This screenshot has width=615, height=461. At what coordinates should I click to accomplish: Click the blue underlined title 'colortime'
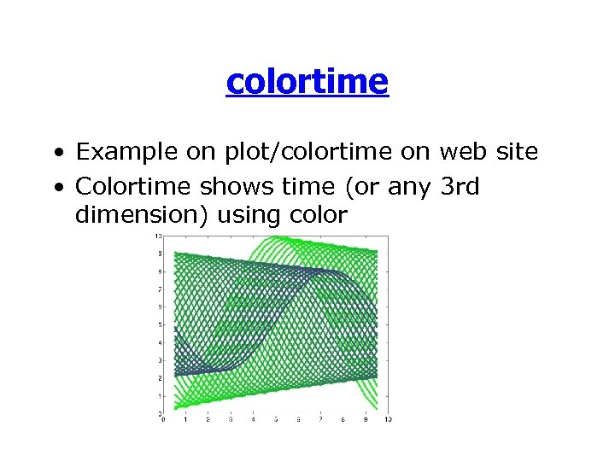[307, 82]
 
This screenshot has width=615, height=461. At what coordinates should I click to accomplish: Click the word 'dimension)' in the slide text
[143, 216]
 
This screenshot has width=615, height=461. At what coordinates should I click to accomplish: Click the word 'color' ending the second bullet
[319, 216]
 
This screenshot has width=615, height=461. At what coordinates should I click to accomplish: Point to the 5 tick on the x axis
[275, 419]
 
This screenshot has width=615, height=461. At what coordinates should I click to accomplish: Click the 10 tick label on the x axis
[388, 419]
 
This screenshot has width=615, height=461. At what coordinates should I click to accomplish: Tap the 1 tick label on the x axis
[185, 419]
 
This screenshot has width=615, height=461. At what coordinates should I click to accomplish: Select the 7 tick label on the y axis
[160, 289]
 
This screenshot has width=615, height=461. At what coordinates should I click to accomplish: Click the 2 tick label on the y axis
[160, 378]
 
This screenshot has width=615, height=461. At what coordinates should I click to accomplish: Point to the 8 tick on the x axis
[343, 419]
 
